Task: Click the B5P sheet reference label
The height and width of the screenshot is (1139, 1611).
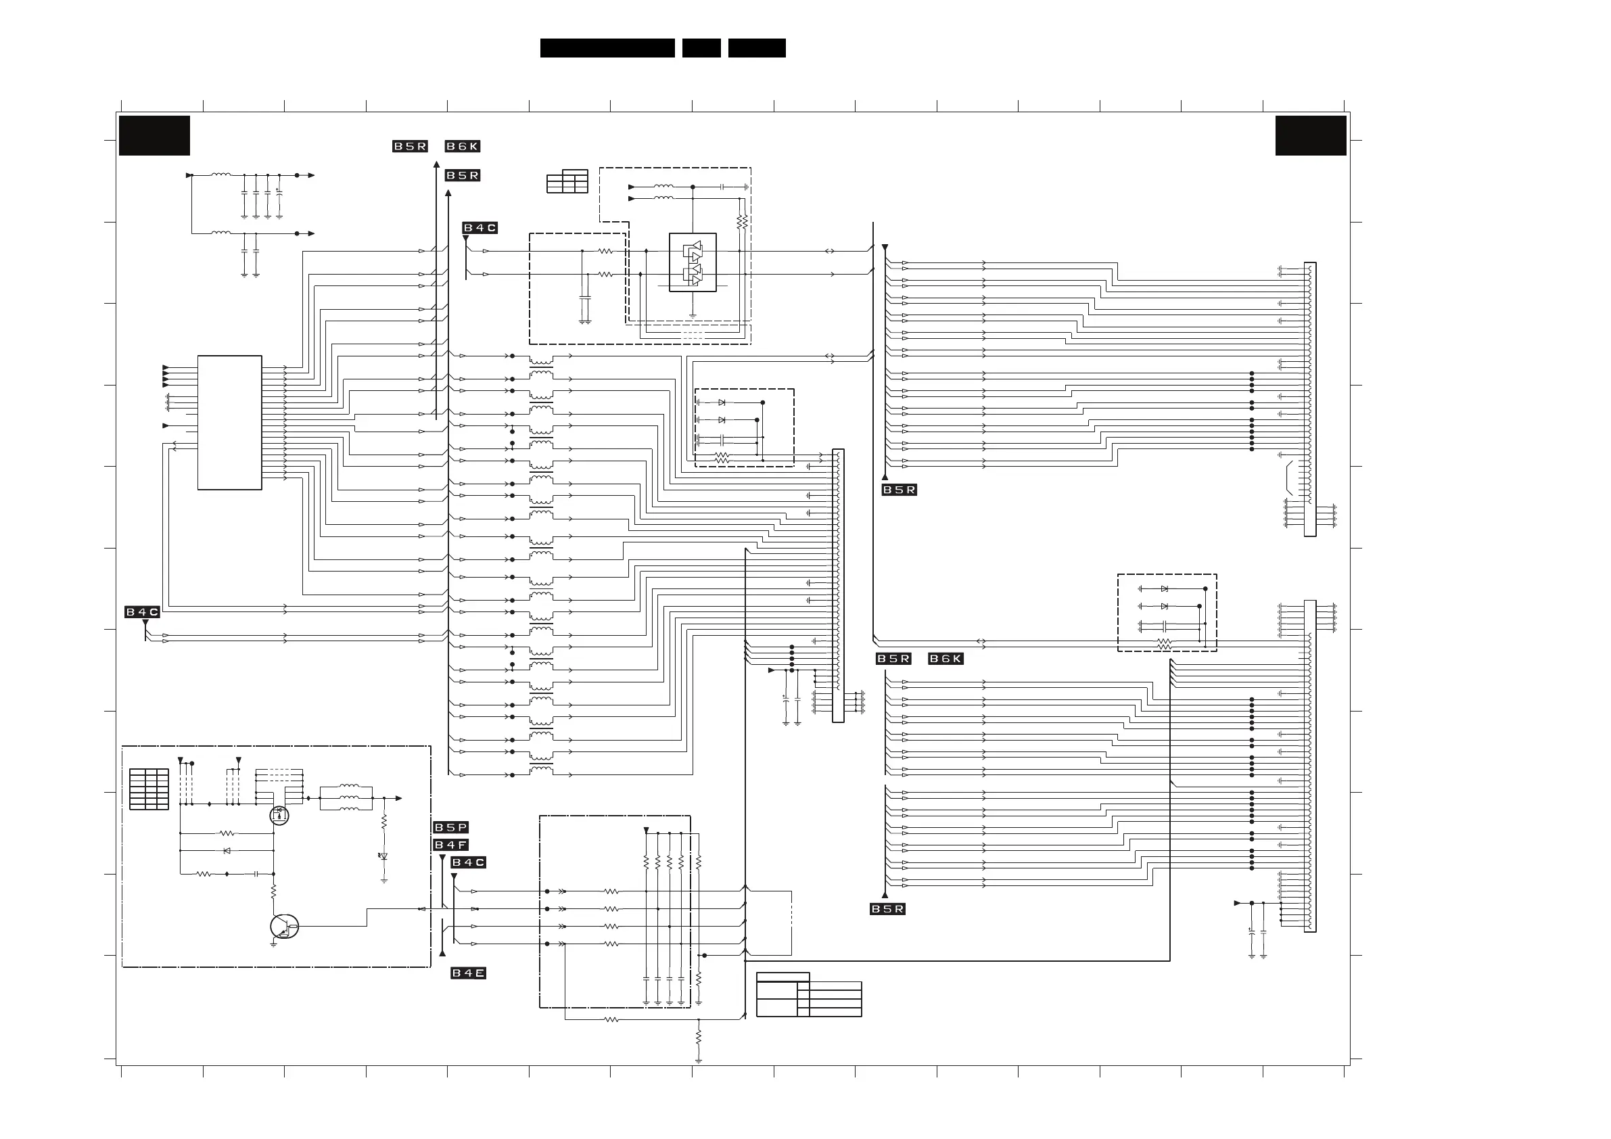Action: (x=450, y=827)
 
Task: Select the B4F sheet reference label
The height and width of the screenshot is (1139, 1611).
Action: (x=450, y=845)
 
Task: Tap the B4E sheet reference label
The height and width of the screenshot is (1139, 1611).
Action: (x=468, y=973)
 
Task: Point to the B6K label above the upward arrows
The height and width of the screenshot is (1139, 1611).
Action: (x=463, y=147)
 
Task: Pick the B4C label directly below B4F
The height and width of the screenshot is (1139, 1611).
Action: (x=468, y=862)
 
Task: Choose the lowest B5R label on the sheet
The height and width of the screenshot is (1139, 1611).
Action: (x=887, y=910)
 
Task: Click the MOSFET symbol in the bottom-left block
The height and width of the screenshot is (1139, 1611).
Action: (x=279, y=815)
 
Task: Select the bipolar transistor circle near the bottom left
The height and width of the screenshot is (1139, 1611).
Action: (x=283, y=927)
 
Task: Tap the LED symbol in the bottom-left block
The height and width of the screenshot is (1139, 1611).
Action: (x=383, y=857)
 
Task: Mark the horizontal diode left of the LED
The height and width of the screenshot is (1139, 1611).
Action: (x=227, y=851)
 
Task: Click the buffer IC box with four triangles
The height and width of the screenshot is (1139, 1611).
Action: (x=693, y=262)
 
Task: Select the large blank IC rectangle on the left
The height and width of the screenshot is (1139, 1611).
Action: (x=229, y=423)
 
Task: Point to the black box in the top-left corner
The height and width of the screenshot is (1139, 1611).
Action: (x=154, y=135)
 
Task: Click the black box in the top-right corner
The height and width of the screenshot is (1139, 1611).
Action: (x=1311, y=135)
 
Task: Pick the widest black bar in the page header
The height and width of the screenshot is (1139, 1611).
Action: (x=607, y=48)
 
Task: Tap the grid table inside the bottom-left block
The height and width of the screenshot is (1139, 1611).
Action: (x=149, y=789)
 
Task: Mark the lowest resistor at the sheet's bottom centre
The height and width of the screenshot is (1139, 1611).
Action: (x=698, y=1037)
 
